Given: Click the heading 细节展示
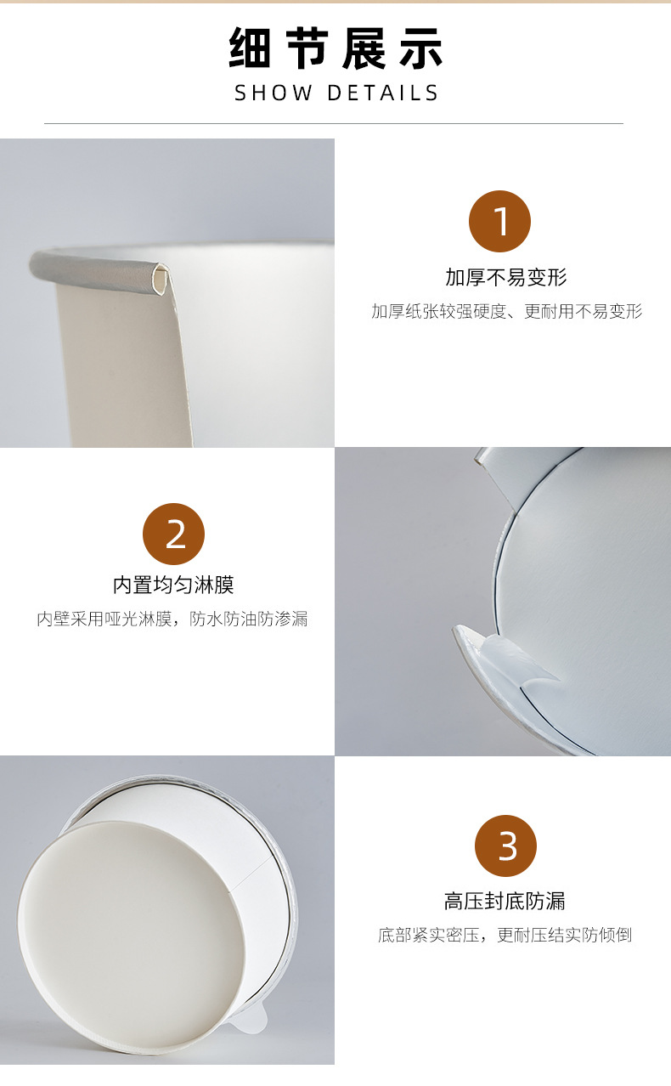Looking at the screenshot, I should [x=335, y=48].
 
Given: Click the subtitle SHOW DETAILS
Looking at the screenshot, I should [x=336, y=93].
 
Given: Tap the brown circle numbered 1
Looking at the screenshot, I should [x=499, y=222].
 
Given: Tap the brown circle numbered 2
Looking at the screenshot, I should [x=174, y=535].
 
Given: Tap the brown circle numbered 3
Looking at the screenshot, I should [x=507, y=846].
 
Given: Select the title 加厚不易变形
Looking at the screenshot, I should [x=505, y=277].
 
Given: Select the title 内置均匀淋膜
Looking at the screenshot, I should [x=173, y=585].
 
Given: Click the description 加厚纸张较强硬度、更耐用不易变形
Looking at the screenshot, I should [x=506, y=311].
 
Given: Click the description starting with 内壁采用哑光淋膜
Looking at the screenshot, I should [x=172, y=619].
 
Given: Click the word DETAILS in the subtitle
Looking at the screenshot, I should [x=383, y=93].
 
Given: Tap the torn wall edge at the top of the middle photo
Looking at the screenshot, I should [x=497, y=476].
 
